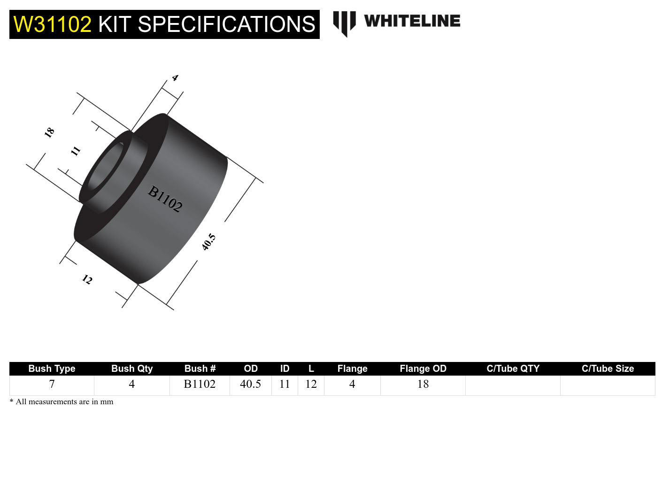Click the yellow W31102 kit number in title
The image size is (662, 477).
coord(52,24)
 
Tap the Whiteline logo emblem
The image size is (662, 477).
coord(344,23)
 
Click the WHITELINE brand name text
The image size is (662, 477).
coord(412,21)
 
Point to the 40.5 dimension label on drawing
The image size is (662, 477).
coord(208,242)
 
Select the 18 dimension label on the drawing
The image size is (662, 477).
coord(49,132)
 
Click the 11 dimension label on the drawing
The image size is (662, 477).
coord(76,151)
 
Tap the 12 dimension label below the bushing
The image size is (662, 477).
coord(87,280)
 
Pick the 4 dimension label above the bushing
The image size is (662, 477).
coord(175,77)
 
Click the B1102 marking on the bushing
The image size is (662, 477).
coord(165,199)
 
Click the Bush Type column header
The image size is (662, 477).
coord(52,369)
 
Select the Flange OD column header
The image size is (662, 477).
coord(423,369)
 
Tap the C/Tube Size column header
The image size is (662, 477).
coord(608,369)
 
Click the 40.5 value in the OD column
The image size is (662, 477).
coord(250,384)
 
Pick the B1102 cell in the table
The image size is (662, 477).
coord(200,384)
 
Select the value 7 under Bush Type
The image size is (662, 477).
coord(52,384)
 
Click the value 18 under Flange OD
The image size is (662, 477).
coord(423,384)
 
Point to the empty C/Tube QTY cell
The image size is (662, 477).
coord(513,385)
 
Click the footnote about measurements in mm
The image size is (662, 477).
coord(62,402)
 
